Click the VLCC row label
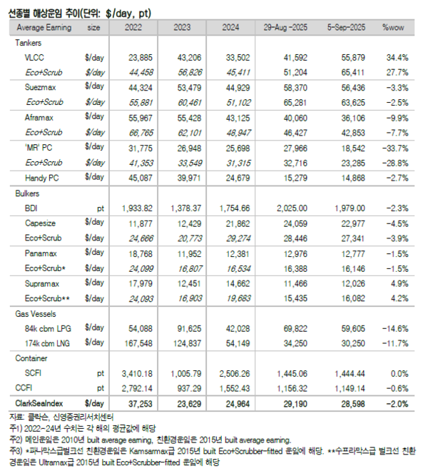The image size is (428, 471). coord(34,56)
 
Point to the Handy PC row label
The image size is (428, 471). coord(41,177)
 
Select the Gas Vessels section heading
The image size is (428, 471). coord(35,314)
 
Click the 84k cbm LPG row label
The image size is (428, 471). coord(47,328)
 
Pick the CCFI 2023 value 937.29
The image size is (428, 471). coord(185,388)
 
